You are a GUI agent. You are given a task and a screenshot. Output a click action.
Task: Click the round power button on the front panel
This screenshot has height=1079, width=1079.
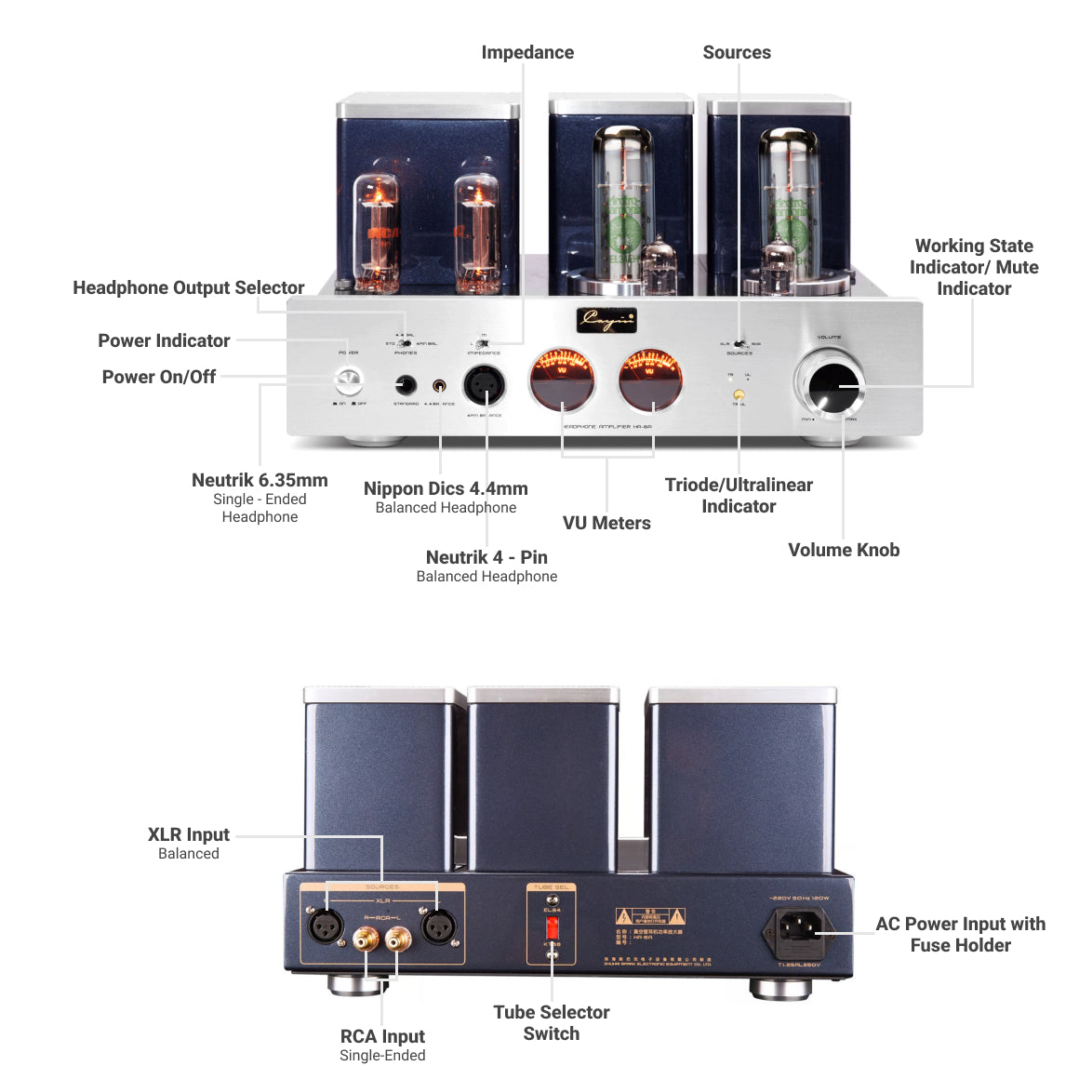click(x=348, y=380)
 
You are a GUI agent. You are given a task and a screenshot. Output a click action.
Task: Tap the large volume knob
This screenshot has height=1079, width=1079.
click(x=831, y=386)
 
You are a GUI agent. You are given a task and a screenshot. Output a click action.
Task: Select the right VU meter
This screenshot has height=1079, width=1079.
click(x=651, y=380)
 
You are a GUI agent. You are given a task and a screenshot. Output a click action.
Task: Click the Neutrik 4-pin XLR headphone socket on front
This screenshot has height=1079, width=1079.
click(x=485, y=383)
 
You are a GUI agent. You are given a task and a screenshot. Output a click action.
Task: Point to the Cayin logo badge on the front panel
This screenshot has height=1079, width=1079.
click(x=606, y=320)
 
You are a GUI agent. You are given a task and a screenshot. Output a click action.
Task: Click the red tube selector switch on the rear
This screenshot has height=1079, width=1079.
click(x=552, y=927)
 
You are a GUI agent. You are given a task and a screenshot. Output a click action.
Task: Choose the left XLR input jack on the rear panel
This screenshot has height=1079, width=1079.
click(x=326, y=926)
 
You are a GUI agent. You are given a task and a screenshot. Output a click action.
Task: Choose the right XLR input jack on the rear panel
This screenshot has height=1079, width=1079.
click(x=439, y=926)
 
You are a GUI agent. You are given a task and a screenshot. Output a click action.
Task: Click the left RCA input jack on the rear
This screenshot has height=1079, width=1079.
click(x=366, y=942)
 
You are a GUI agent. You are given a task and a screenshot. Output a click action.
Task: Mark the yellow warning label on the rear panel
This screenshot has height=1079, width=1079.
click(x=650, y=916)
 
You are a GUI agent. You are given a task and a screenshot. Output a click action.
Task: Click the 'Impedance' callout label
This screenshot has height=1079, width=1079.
click(x=527, y=53)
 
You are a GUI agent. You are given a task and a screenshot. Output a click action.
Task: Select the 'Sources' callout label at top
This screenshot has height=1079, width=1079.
click(x=737, y=53)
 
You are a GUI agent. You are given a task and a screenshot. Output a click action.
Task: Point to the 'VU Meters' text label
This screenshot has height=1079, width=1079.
click(x=606, y=523)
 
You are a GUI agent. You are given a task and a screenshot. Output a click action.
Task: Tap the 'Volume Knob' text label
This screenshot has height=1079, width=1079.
click(x=844, y=550)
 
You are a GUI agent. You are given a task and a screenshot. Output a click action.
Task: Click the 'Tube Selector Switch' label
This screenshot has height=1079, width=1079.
click(x=552, y=1022)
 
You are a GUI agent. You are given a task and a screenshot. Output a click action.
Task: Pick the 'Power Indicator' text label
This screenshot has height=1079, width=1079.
click(x=164, y=340)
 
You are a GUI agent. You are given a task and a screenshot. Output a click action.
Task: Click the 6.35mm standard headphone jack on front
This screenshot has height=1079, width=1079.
click(x=406, y=384)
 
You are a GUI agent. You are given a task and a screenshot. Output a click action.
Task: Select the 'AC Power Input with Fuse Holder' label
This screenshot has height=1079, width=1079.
click(x=960, y=934)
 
